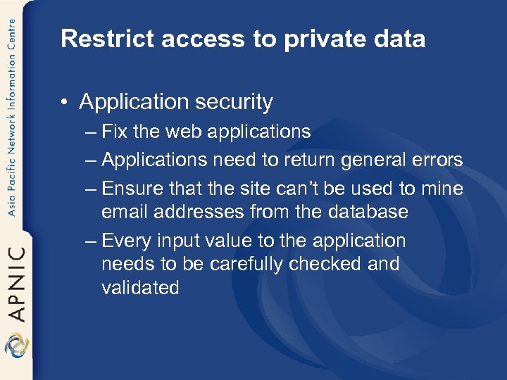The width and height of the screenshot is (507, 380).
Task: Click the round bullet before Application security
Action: [65, 103]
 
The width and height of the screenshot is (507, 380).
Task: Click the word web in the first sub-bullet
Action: [182, 132]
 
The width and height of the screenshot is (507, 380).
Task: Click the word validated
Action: [140, 287]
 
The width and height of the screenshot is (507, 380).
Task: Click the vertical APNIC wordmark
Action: [15, 282]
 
